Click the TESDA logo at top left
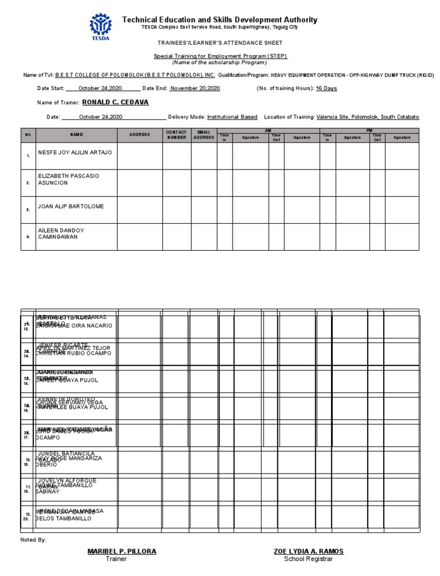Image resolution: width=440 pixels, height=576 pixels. pyautogui.click(x=101, y=24)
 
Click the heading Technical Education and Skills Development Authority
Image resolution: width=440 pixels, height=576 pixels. pyautogui.click(x=219, y=20)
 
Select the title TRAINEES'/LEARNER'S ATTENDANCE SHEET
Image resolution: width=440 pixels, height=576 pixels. pyautogui.click(x=220, y=43)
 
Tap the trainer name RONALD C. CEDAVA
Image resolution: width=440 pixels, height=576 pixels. pyautogui.click(x=115, y=102)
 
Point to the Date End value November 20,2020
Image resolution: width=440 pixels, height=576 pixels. pyautogui.click(x=195, y=88)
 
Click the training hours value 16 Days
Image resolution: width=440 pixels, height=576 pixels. pyautogui.click(x=327, y=88)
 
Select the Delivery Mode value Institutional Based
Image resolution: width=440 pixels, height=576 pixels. pyautogui.click(x=232, y=117)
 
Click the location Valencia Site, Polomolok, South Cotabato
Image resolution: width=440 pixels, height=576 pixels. pyautogui.click(x=367, y=117)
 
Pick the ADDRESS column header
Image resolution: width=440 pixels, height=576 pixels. pyautogui.click(x=139, y=135)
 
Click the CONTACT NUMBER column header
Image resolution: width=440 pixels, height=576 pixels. pyautogui.click(x=176, y=135)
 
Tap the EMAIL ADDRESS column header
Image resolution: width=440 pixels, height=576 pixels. pyautogui.click(x=203, y=135)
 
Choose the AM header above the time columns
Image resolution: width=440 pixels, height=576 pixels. pyautogui.click(x=268, y=131)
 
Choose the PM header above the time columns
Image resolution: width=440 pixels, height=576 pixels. pyautogui.click(x=369, y=131)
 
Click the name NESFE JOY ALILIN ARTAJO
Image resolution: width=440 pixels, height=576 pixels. pyautogui.click(x=75, y=153)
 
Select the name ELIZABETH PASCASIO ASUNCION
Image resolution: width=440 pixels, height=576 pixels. pyautogui.click(x=68, y=179)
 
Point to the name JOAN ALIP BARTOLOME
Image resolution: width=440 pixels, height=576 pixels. pyautogui.click(x=71, y=206)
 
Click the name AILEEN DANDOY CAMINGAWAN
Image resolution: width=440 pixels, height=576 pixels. pyautogui.click(x=61, y=234)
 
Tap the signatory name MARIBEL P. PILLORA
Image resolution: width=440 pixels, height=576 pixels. pyautogui.click(x=121, y=551)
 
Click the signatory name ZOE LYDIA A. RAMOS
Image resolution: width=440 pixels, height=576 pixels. pyautogui.click(x=309, y=551)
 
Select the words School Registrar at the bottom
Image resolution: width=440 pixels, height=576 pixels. pyautogui.click(x=309, y=559)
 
